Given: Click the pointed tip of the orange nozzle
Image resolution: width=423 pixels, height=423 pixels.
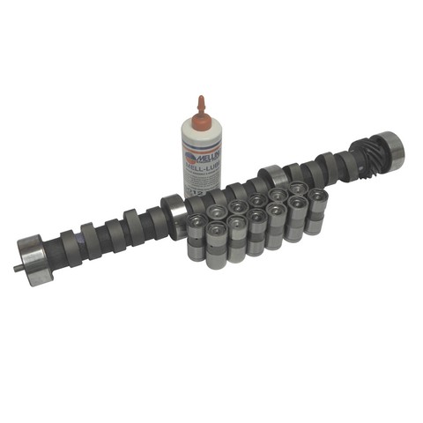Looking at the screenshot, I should click(x=202, y=96).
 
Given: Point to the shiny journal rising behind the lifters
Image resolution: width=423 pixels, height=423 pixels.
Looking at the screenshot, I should click(x=271, y=179).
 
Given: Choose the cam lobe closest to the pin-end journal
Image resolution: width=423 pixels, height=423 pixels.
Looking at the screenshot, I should click(x=63, y=244).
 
